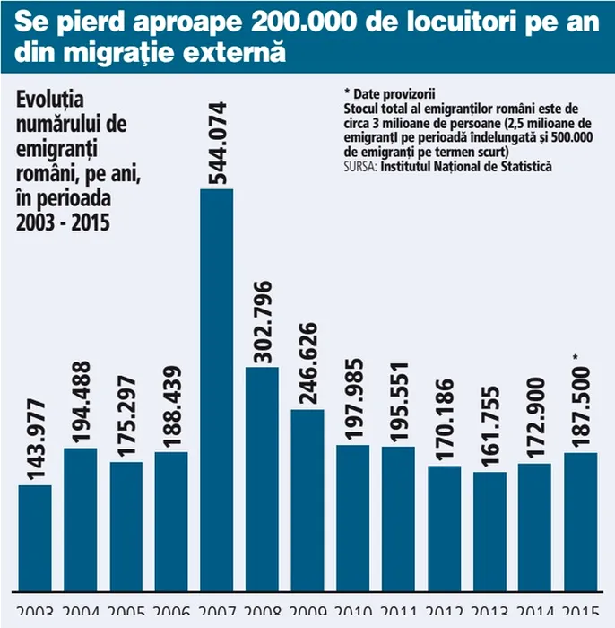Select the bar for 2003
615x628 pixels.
click(35, 538)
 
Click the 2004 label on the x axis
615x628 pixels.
click(81, 618)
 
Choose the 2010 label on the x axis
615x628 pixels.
click(353, 618)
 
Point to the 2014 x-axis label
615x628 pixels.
click(535, 618)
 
